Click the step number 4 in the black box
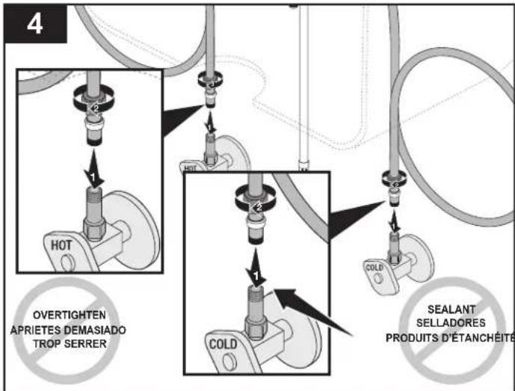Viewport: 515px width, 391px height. point(34,24)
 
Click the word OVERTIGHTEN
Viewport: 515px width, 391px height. point(70,315)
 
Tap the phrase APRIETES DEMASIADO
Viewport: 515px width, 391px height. point(68,330)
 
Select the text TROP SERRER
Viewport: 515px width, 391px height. point(70,344)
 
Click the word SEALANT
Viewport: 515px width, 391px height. point(451,310)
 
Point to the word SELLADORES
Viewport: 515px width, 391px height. point(451,323)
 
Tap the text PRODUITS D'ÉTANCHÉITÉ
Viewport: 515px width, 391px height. point(450,337)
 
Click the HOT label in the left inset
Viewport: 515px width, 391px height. point(61,245)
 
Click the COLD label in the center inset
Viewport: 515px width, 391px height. point(223,344)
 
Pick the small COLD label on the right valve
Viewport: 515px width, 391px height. point(374,268)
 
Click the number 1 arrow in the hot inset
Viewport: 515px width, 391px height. point(93,169)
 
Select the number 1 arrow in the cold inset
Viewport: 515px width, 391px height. point(256,267)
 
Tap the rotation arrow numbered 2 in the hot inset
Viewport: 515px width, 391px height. point(93,99)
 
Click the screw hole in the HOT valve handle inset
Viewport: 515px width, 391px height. point(68,263)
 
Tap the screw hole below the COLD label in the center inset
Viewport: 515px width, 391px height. point(229,362)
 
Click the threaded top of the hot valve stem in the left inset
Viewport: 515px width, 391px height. point(94,194)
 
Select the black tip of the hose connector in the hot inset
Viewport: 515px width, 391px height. point(94,141)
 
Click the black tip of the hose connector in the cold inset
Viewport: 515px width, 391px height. point(256,241)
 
